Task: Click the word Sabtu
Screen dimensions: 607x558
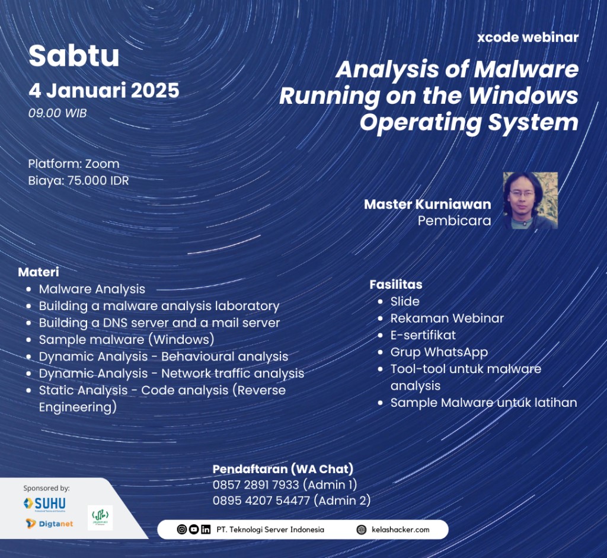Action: click(74, 56)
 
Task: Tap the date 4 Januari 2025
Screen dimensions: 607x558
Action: click(104, 91)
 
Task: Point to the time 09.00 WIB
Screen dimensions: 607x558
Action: click(57, 113)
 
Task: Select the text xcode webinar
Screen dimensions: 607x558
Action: click(528, 37)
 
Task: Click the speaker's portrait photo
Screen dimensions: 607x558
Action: click(531, 200)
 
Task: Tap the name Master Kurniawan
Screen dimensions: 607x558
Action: click(427, 204)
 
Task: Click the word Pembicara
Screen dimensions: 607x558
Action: click(454, 221)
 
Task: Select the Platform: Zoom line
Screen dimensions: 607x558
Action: click(74, 164)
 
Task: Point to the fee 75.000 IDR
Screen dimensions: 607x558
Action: click(98, 180)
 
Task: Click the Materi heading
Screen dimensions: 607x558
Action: click(39, 272)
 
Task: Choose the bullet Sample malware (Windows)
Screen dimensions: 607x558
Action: click(127, 340)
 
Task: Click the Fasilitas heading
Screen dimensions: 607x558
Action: click(395, 284)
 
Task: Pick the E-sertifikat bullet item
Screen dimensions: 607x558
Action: click(423, 335)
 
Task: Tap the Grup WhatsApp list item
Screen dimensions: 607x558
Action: click(439, 352)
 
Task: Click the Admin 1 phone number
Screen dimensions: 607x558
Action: click(256, 485)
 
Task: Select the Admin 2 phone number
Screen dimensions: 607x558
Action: click(261, 500)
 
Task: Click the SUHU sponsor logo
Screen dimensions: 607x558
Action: click(44, 503)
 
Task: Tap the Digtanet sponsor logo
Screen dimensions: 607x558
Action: click(50, 524)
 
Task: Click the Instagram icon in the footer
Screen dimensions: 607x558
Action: click(181, 530)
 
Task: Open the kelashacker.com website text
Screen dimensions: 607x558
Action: click(400, 530)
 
